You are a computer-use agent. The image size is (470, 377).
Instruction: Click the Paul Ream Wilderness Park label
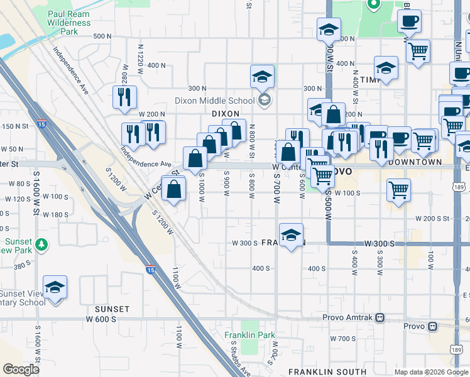click(x=69, y=23)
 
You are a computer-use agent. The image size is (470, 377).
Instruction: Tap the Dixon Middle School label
click(x=222, y=100)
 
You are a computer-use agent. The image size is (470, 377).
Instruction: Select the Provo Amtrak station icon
click(x=380, y=318)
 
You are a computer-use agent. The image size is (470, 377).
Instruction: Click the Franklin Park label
click(x=249, y=335)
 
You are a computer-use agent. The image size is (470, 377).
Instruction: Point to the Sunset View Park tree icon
click(x=41, y=243)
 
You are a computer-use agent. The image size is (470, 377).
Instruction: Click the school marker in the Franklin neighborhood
click(x=291, y=236)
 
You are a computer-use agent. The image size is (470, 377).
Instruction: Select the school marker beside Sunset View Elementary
click(x=55, y=287)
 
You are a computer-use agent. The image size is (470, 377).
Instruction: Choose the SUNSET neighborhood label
click(x=112, y=309)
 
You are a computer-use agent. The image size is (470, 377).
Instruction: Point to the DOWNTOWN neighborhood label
click(x=415, y=162)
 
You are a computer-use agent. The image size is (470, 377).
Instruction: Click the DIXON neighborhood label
click(x=226, y=114)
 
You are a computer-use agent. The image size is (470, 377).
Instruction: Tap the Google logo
click(x=21, y=369)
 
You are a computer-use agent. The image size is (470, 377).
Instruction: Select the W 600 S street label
click(x=102, y=319)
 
